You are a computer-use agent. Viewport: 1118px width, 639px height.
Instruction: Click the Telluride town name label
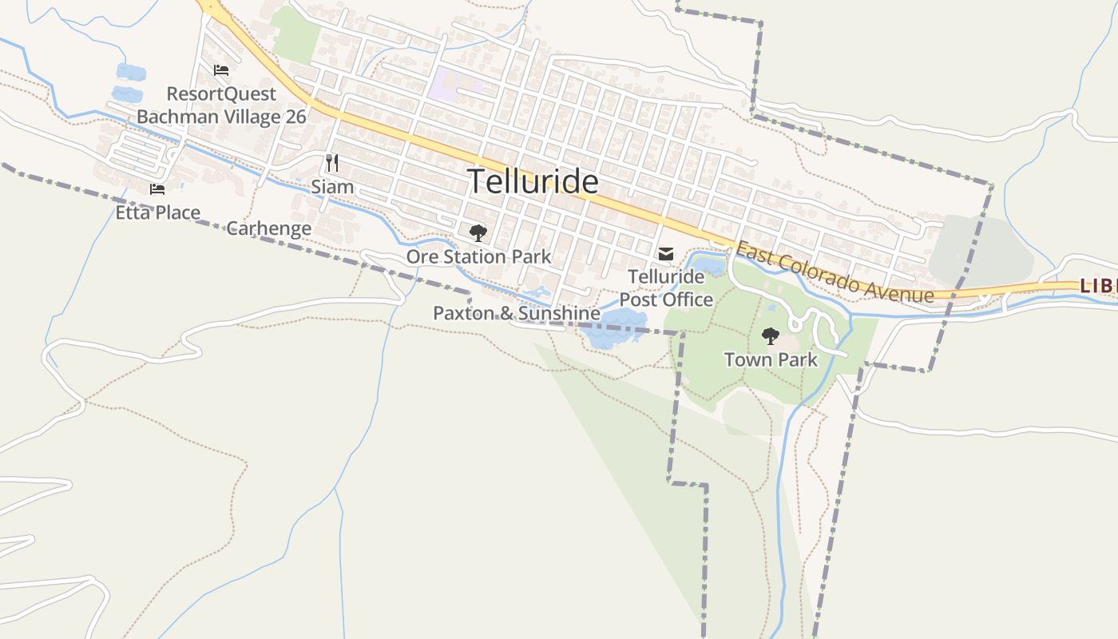[533, 182]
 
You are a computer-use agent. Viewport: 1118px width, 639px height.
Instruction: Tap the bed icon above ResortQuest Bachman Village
[221, 70]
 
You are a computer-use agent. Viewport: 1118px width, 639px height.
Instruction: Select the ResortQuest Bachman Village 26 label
[221, 105]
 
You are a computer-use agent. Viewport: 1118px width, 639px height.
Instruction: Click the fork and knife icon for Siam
[332, 163]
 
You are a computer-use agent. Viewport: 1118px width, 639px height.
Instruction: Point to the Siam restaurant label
[332, 187]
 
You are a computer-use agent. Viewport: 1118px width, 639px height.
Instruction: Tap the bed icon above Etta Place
[157, 189]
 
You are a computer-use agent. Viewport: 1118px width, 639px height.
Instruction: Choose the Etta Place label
[157, 212]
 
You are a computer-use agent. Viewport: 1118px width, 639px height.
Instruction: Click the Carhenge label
[269, 228]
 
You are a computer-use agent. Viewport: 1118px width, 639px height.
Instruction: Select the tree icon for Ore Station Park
[478, 233]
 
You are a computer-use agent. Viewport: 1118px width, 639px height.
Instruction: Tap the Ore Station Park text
[478, 256]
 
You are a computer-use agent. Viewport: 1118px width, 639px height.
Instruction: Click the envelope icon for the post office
[665, 254]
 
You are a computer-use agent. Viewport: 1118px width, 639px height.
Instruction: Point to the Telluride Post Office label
[666, 288]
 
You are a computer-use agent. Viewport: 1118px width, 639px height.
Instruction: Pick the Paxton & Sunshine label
[516, 313]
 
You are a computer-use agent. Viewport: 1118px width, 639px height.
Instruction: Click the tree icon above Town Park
[770, 336]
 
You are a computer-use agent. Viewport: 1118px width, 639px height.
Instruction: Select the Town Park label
[771, 359]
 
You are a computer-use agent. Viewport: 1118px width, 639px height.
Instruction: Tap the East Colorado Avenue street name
[834, 274]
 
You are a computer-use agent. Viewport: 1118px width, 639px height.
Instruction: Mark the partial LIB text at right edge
[1099, 285]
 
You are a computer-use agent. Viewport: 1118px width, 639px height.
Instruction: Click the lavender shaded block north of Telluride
[451, 84]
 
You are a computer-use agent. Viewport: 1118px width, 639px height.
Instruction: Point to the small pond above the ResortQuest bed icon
[131, 72]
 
